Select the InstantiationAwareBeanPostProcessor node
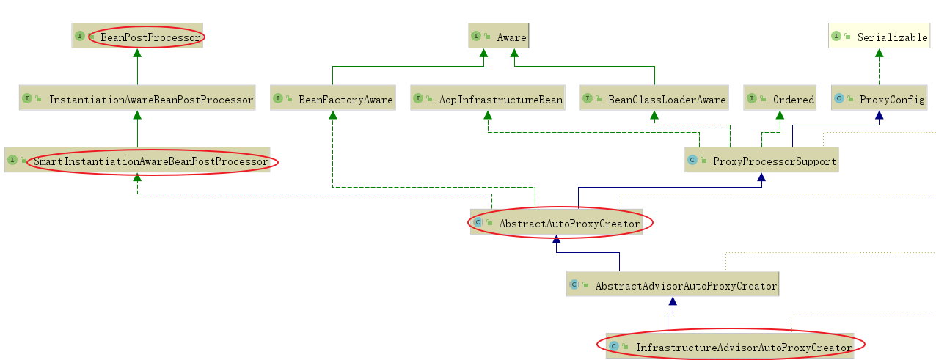coord(137,99)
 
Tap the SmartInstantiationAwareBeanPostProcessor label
coord(150,161)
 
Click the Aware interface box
coord(498,36)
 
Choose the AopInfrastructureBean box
coord(488,99)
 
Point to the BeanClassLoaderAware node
coord(654,99)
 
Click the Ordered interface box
coord(780,99)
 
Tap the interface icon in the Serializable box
coord(836,36)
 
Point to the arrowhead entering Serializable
coord(879,54)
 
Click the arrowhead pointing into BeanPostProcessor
coord(137,54)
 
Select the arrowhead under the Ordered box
coord(780,116)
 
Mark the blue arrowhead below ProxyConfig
coord(879,116)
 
